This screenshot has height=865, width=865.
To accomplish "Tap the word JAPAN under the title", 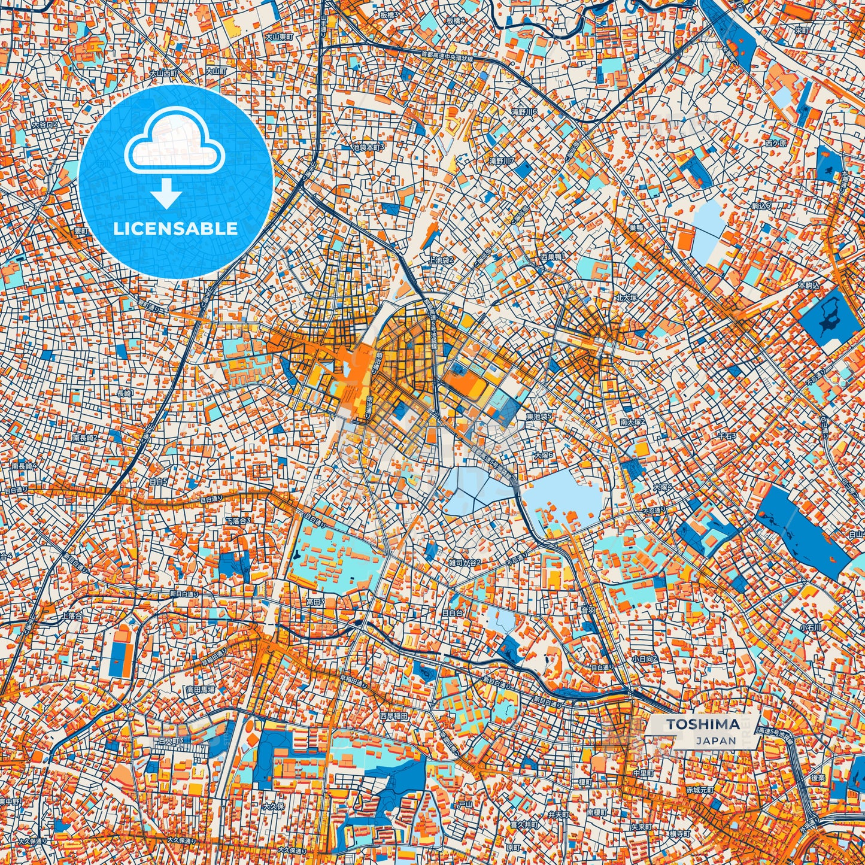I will point(716,740).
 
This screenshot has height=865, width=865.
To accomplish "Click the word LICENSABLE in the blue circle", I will point(175,229).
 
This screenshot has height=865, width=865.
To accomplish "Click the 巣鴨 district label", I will point(636,227).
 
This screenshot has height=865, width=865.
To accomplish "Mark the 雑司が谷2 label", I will point(465,562).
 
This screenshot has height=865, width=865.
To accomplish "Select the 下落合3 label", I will point(238,521).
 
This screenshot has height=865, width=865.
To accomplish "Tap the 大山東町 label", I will point(279,37).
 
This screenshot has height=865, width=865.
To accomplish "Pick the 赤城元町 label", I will point(700,790).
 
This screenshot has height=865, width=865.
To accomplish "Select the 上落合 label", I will point(72,615).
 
